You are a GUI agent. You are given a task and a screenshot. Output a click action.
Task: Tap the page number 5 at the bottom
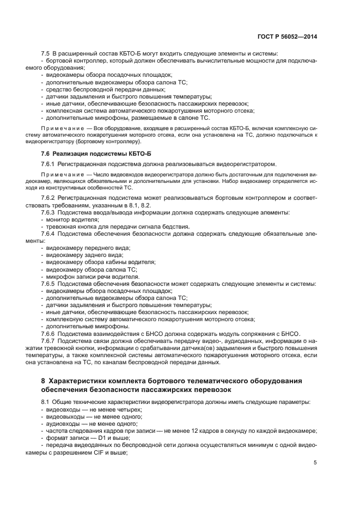315,463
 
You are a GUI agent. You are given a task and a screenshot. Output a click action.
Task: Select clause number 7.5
46,53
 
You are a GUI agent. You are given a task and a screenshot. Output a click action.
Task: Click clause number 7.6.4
49,234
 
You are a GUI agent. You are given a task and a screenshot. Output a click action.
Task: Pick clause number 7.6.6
49,334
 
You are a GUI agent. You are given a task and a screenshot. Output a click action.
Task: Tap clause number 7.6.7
49,341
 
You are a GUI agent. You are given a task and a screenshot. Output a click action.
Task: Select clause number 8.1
45,401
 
